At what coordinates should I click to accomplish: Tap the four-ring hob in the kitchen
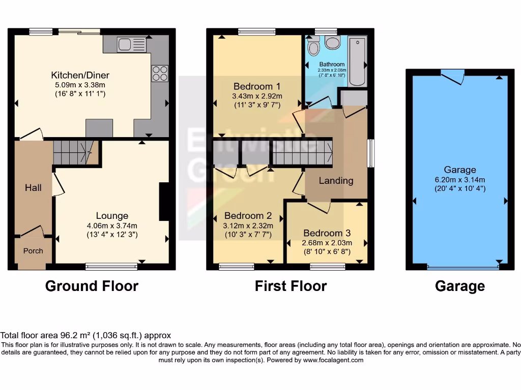click(x=160, y=74)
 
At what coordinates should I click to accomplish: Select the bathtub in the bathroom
click(x=358, y=61)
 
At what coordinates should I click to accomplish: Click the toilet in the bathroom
click(x=313, y=47)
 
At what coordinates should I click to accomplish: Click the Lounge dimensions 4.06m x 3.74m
click(x=112, y=225)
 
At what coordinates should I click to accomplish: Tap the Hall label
click(x=33, y=188)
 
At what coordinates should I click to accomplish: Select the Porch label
click(x=33, y=251)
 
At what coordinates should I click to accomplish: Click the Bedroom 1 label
click(x=257, y=86)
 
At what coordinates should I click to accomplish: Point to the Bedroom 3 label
click(x=326, y=233)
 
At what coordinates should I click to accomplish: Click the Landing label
click(x=336, y=180)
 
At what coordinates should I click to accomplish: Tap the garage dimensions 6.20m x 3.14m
click(x=460, y=179)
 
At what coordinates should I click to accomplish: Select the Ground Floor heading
click(x=92, y=286)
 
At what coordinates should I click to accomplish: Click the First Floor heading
click(x=291, y=286)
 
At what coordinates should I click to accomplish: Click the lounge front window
click(x=111, y=265)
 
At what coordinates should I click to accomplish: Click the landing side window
click(x=371, y=153)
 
